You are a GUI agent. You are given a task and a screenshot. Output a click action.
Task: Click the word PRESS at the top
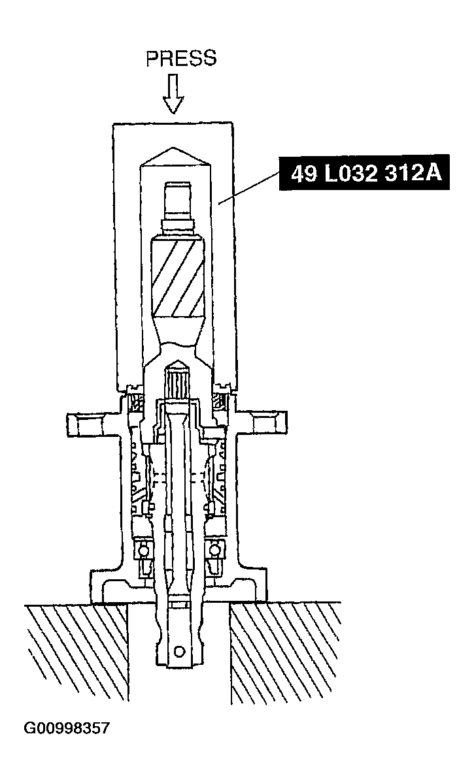point(180,59)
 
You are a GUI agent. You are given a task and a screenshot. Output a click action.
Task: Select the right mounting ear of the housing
point(264,424)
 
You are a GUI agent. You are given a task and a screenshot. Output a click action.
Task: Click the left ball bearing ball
point(142,550)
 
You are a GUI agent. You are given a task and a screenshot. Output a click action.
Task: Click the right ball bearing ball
point(212,550)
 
